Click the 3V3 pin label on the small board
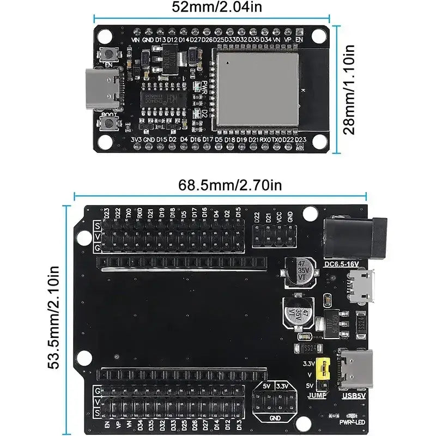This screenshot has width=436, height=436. pos(136,140)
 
